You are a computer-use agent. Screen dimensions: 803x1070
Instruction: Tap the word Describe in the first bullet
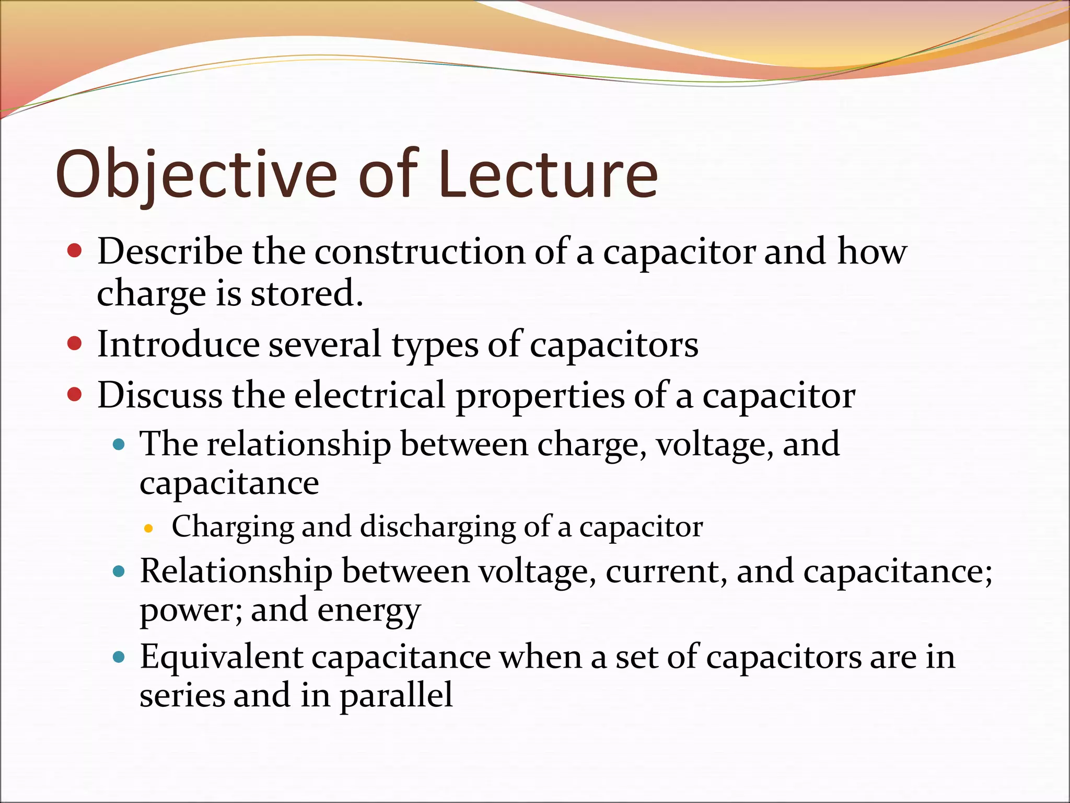170,251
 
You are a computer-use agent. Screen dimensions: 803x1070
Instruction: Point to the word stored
307,293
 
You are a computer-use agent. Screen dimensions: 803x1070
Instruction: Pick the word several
324,345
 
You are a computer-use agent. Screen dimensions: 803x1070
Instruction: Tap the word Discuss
160,395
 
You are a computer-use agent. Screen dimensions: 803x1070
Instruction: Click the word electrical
369,395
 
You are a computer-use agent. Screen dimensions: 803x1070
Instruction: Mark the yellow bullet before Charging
148,529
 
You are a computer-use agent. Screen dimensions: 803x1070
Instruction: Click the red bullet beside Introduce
75,343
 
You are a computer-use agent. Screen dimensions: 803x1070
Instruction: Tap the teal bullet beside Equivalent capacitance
119,657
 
